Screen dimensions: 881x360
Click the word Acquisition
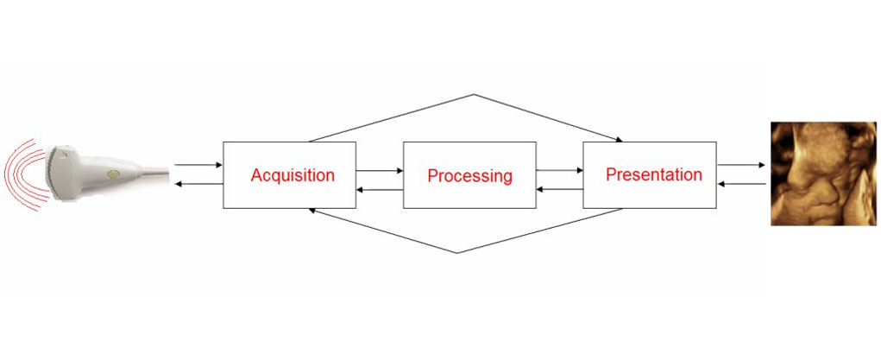tap(293, 175)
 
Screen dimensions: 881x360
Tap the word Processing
tap(469, 175)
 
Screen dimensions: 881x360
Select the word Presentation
tap(654, 174)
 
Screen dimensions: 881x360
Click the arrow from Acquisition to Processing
tap(380, 170)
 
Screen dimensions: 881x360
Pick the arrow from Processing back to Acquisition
tap(380, 190)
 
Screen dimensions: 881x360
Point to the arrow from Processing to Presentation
tap(560, 170)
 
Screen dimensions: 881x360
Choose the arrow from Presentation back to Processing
tap(560, 190)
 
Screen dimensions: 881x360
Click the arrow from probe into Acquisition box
tap(199, 165)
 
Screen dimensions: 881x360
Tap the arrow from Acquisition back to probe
tap(199, 184)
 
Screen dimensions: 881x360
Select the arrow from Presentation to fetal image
tap(741, 165)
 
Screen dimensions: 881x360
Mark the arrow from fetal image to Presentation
tap(741, 184)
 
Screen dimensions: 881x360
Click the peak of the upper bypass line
tap(475, 94)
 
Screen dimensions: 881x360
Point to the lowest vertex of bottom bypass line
tap(456, 253)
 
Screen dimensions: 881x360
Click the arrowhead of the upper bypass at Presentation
tap(619, 140)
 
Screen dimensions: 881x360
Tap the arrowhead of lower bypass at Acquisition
tap(312, 211)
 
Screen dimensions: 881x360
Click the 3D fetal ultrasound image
tap(823, 174)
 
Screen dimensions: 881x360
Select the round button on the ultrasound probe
tap(113, 175)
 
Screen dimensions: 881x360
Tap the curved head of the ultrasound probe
tap(57, 168)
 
